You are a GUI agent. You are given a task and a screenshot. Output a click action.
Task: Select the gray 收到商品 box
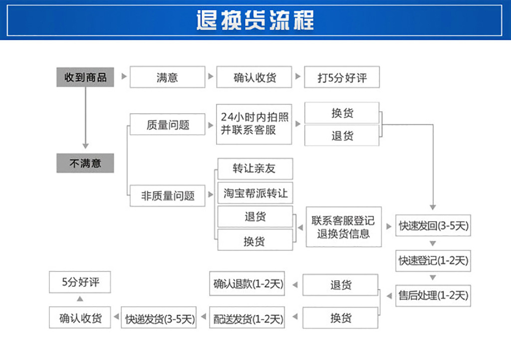coord(85,77)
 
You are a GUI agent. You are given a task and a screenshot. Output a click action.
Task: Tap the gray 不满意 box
coord(85,163)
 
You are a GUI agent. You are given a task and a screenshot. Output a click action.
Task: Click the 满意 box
coord(167,77)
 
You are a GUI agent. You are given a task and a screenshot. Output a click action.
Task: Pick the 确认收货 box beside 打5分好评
coord(255,77)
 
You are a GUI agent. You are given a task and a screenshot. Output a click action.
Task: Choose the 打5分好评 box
coord(342,77)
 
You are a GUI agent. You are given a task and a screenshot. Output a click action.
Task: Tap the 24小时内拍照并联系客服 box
coord(255,124)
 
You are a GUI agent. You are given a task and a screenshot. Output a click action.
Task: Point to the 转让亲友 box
coord(255,169)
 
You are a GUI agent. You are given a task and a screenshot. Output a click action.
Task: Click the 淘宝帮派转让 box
coord(255,193)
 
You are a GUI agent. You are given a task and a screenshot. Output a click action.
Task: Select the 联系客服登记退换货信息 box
coord(343,227)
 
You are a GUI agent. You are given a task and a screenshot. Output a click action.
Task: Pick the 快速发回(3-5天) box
coord(433,226)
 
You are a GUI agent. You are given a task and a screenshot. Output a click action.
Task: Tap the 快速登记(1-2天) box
coord(433,260)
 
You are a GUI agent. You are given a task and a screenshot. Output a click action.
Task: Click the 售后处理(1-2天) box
coord(433,295)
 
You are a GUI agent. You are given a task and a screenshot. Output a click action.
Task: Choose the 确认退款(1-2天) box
coord(248,284)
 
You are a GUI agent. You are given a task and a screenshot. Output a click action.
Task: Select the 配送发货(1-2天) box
coord(248,318)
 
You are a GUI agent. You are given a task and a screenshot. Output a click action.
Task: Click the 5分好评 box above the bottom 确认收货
coord(80,282)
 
